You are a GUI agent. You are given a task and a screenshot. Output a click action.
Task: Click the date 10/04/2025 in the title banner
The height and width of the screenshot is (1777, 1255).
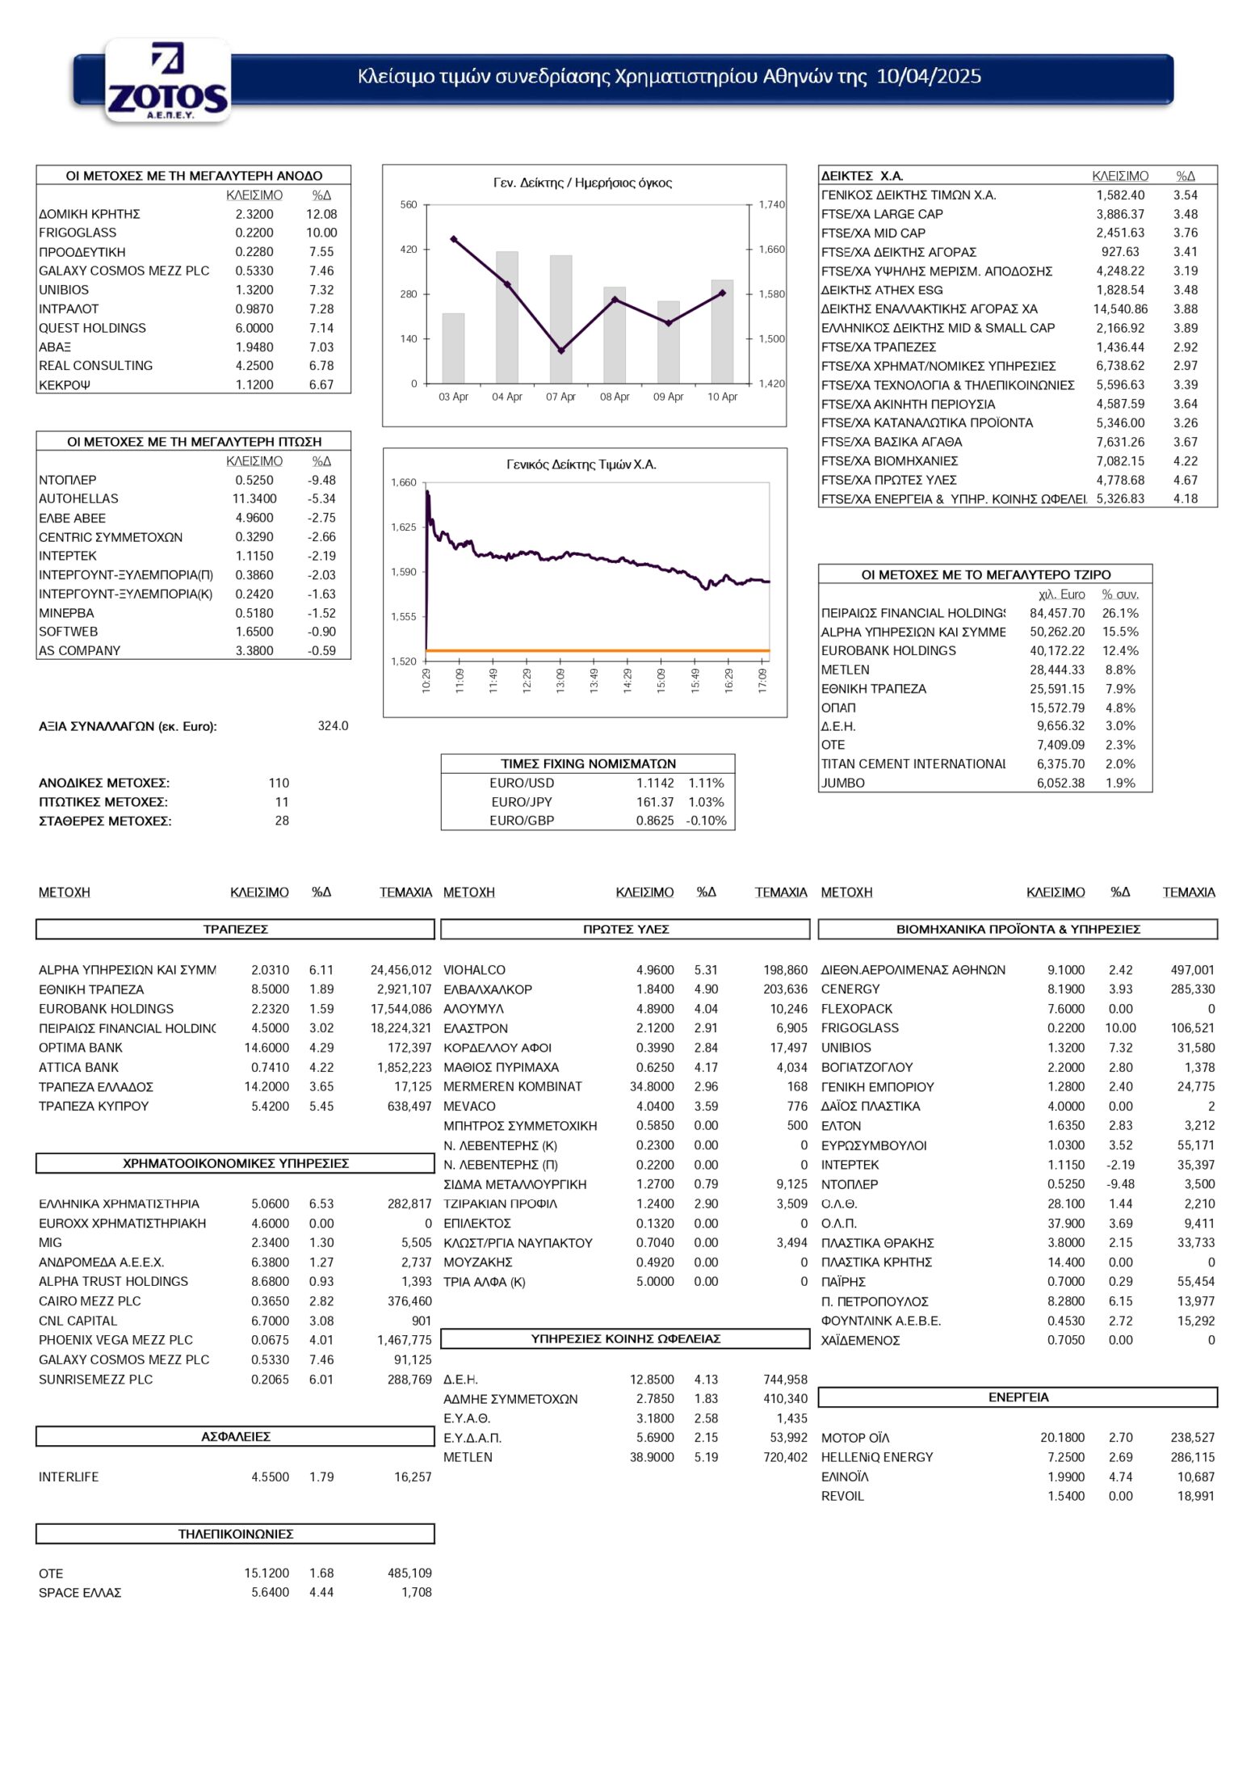coord(929,77)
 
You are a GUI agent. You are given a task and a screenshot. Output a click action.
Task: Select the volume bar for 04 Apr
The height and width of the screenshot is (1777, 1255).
coord(507,317)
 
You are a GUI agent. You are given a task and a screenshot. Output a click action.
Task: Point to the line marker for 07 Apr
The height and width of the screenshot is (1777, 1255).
coord(561,351)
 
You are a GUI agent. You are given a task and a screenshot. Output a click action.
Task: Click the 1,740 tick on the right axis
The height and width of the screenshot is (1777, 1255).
coord(771,205)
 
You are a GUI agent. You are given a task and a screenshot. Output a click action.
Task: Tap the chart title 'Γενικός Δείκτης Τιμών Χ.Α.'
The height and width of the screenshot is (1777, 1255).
coord(581,464)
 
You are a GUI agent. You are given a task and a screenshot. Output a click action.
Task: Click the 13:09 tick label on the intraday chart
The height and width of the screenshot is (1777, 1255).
coord(560,679)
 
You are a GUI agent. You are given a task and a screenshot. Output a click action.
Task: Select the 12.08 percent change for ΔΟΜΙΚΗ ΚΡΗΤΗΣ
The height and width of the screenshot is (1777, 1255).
coord(321,214)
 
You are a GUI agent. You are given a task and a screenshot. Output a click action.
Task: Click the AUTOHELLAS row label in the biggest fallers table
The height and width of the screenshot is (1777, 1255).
coord(78,499)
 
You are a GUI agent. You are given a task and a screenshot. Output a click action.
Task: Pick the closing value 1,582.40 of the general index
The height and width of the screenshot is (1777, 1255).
coord(1120,195)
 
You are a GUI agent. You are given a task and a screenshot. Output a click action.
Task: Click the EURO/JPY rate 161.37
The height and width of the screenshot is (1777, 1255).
coord(655,802)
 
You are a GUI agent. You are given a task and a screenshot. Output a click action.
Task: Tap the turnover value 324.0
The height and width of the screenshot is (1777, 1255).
coord(333,726)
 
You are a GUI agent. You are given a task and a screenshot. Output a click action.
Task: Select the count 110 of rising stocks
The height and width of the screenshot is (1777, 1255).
coord(279,783)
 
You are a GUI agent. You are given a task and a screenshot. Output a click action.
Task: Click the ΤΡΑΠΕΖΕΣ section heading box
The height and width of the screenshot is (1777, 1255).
coord(235,930)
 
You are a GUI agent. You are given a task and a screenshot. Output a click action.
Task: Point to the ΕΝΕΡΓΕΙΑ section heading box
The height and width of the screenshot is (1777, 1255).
coord(1018,1397)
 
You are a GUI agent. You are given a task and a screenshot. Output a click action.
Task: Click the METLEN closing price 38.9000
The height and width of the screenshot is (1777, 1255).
coord(652,1457)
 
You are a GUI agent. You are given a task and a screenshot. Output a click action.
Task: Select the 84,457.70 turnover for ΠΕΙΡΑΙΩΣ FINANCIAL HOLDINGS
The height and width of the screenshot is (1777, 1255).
coord(1057,613)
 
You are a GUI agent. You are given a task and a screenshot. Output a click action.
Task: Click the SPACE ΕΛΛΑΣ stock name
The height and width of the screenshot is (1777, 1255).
coord(80,1593)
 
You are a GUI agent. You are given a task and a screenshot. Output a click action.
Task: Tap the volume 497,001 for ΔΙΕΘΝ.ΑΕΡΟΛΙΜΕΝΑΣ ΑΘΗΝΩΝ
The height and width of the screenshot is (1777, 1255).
coord(1192,970)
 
